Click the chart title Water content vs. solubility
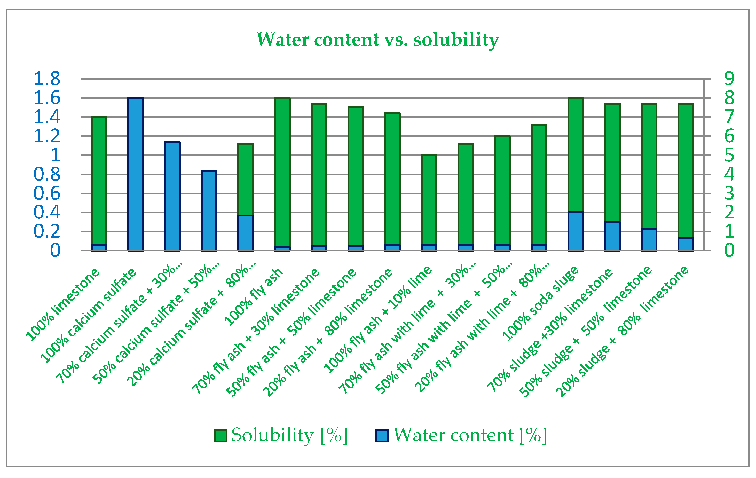377,40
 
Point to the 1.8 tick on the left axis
47,79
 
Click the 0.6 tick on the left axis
47,193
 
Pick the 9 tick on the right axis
729,79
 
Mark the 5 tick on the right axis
729,155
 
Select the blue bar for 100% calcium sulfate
136,174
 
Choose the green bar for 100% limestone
99,181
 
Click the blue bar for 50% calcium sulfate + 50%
209,211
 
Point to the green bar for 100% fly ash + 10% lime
429,199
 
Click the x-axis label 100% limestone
63,305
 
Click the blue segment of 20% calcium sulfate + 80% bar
246,233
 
